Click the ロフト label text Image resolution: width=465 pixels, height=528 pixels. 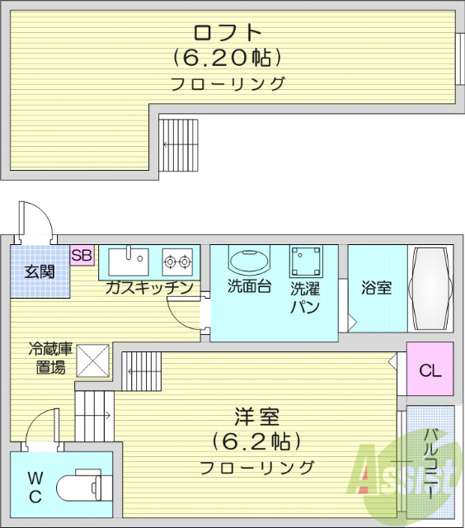click(228, 33)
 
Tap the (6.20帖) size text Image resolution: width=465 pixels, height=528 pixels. click(228, 59)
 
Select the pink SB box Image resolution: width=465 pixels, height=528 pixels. click(82, 255)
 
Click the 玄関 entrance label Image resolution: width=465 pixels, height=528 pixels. click(39, 271)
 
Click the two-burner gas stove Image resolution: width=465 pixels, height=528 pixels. click(176, 262)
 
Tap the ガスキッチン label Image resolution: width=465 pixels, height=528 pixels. click(149, 287)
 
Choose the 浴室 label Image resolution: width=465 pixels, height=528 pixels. click(376, 288)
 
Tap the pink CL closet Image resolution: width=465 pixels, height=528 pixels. click(430, 370)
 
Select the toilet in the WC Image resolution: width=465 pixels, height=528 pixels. click(82, 488)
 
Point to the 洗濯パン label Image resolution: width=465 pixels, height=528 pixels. click(304, 298)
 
